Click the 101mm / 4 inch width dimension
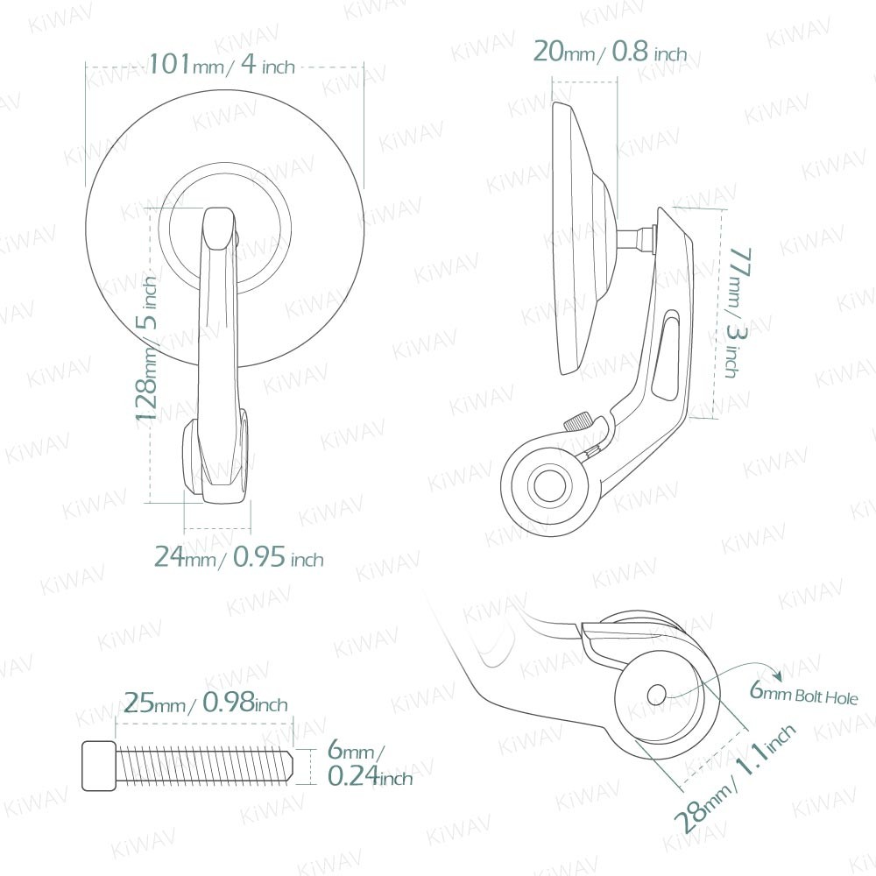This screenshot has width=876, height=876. pyautogui.click(x=222, y=64)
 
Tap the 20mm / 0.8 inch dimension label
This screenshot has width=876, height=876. pyautogui.click(x=610, y=52)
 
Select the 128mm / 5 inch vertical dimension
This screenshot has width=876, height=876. pyautogui.click(x=147, y=352)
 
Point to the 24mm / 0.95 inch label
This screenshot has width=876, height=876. pyautogui.click(x=238, y=556)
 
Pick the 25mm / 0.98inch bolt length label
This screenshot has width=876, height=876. pyautogui.click(x=206, y=703)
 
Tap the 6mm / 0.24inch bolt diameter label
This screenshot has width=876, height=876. pyautogui.click(x=370, y=763)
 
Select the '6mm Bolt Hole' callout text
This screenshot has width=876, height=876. pyautogui.click(x=803, y=693)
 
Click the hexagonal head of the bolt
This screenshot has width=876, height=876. pyautogui.click(x=99, y=766)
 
